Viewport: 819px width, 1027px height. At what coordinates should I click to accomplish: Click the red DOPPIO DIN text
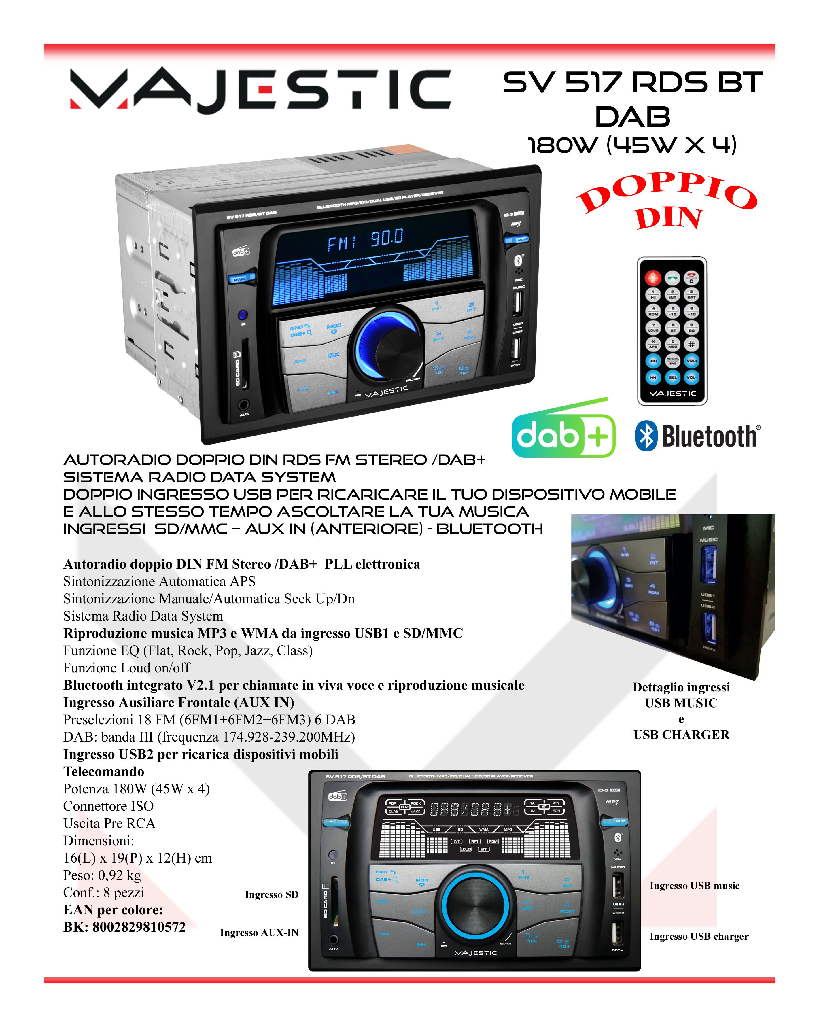coord(667,203)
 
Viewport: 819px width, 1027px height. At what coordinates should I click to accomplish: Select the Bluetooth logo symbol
coord(646,435)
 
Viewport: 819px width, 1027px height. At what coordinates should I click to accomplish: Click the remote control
coord(672,331)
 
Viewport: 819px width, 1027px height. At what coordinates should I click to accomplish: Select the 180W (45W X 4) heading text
coord(633,145)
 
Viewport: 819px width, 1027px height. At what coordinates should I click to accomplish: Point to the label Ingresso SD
coord(272,894)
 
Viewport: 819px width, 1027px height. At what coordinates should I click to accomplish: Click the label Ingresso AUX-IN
coord(259,932)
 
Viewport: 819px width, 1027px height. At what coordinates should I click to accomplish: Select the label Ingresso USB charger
coord(699,936)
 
